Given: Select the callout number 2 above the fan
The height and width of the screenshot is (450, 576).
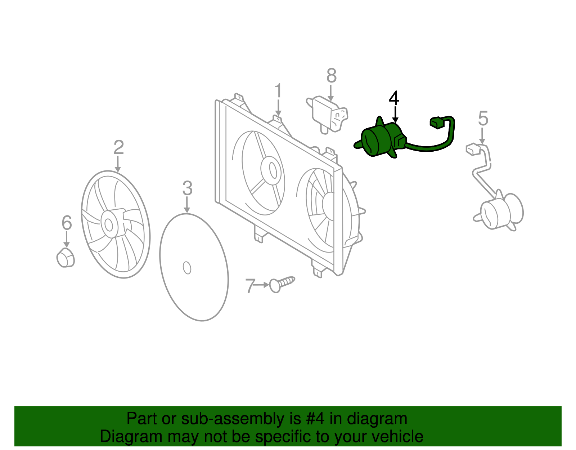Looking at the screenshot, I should pyautogui.click(x=118, y=148).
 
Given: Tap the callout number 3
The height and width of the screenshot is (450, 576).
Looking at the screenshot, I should pyautogui.click(x=187, y=188).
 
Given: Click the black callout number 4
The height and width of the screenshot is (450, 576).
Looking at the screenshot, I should pyautogui.click(x=394, y=98).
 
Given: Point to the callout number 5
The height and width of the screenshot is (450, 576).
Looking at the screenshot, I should pyautogui.click(x=483, y=119).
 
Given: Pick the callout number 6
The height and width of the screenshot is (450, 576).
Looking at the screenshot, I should pyautogui.click(x=67, y=223).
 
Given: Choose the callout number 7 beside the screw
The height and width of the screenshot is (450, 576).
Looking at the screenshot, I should pyautogui.click(x=250, y=286).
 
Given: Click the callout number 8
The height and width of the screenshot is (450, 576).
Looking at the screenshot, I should pyautogui.click(x=331, y=76).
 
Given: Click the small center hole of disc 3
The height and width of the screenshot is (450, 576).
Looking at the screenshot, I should pyautogui.click(x=187, y=268).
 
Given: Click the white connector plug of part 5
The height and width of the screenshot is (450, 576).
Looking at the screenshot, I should pyautogui.click(x=473, y=149).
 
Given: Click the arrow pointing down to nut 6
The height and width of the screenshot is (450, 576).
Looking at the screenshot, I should pyautogui.click(x=66, y=240).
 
